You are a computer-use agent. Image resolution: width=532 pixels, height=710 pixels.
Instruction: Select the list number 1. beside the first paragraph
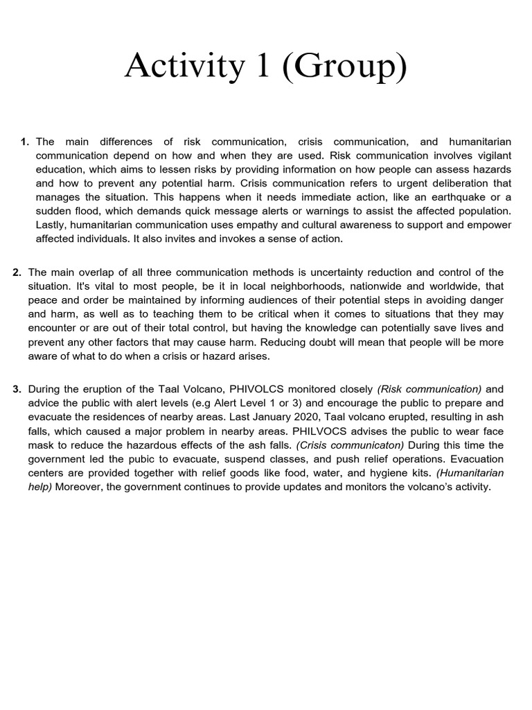25,142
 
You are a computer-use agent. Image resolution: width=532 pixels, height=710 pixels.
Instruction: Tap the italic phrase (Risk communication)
429,390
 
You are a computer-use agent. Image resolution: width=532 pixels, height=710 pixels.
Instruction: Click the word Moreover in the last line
79,487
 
